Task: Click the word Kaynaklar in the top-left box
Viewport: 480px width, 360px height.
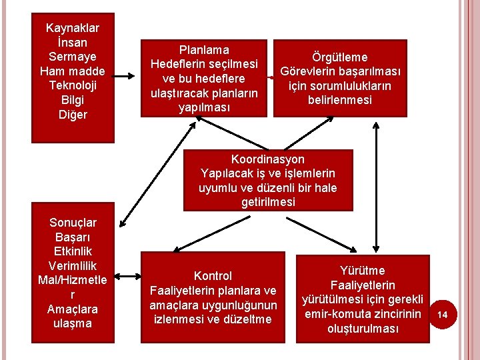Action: point(73,28)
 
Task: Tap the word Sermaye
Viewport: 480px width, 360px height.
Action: point(73,57)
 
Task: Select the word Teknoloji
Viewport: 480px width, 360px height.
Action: point(73,86)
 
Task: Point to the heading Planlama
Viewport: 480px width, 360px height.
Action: point(204,49)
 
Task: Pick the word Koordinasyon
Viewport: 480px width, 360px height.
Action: point(267,159)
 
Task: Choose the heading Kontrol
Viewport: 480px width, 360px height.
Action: point(213,276)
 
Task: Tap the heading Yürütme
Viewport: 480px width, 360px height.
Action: point(362,271)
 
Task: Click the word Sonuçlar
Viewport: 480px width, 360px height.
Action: point(73,223)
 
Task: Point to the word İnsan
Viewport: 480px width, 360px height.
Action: point(73,42)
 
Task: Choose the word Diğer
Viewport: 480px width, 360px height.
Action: point(73,115)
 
